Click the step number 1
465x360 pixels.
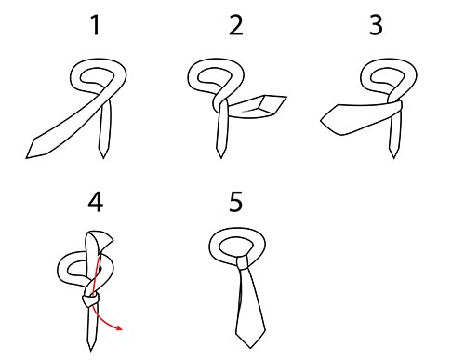tap(96, 25)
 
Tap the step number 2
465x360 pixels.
tap(235, 25)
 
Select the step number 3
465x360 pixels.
tap(376, 25)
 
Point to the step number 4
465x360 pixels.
tap(95, 202)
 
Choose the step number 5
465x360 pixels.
tap(235, 202)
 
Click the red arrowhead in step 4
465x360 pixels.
tap(119, 327)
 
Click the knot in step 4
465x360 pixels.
tap(90, 300)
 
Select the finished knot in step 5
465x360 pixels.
tap(242, 262)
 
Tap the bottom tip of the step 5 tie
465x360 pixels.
tap(250, 348)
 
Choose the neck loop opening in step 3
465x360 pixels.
tap(388, 75)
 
